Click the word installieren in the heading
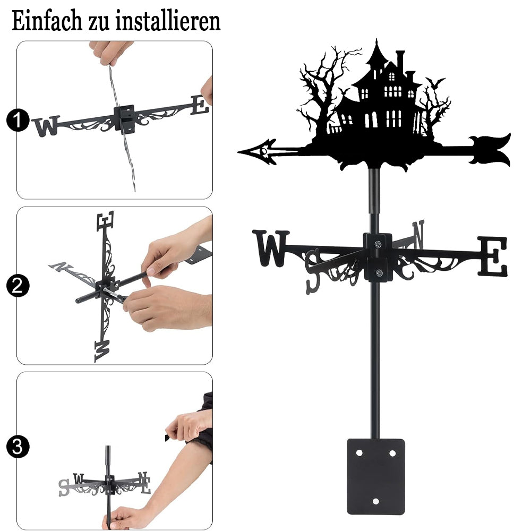(x=168, y=21)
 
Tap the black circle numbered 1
(x=18, y=120)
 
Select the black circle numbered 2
(x=18, y=286)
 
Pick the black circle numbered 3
(x=18, y=447)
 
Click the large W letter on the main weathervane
(x=271, y=248)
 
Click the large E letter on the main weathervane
(x=493, y=256)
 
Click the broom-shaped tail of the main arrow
(x=490, y=149)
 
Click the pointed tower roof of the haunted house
(x=376, y=54)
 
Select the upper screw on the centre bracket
(x=378, y=244)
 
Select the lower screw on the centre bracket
(x=379, y=272)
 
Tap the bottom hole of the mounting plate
(x=375, y=501)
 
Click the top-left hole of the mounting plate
(x=359, y=453)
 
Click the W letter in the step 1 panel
(x=46, y=126)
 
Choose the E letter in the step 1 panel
(x=200, y=105)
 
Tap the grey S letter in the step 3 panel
(x=64, y=488)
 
